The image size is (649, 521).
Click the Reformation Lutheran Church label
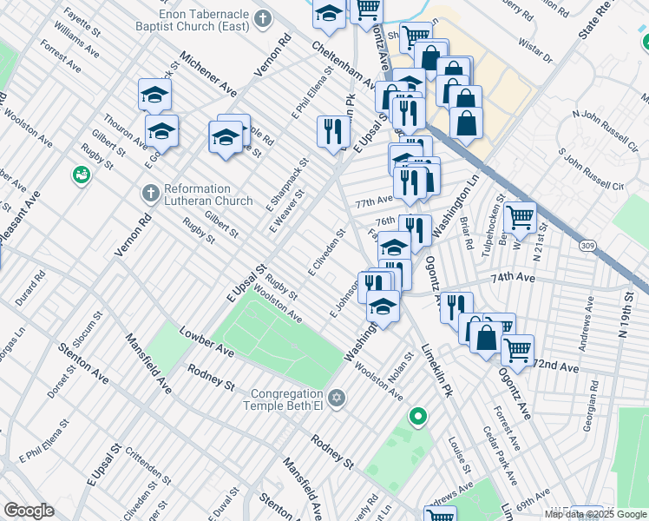pos(197,195)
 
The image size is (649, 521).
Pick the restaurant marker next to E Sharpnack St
pos(333,132)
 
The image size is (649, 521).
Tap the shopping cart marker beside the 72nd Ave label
pos(517,350)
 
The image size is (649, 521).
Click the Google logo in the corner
pos(29,511)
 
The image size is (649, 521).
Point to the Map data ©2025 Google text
pos(595,514)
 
